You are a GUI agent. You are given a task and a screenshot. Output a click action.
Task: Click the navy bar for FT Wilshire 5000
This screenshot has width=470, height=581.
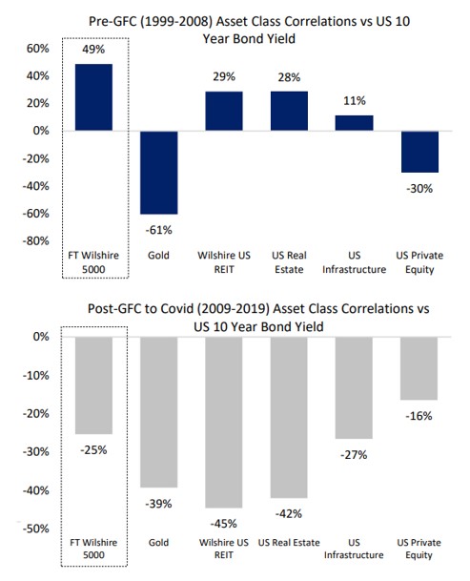[93, 96]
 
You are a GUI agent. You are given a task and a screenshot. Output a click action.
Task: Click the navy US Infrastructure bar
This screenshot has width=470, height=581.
[354, 122]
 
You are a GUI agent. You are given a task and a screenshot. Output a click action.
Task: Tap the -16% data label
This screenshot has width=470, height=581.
[419, 415]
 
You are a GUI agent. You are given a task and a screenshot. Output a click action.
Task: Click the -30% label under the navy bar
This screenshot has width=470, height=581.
[419, 188]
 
